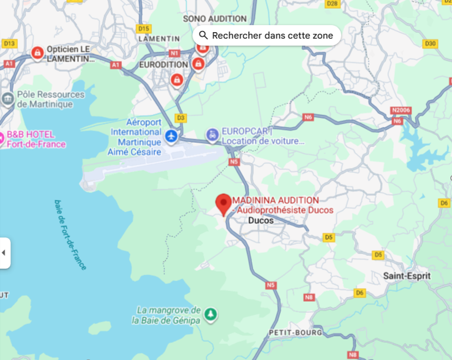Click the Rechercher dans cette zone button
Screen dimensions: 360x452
click(266, 35)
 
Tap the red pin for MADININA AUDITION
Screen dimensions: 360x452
click(224, 204)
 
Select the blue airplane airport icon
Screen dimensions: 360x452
click(172, 135)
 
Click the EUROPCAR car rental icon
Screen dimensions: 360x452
click(212, 135)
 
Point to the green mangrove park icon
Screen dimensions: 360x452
click(210, 315)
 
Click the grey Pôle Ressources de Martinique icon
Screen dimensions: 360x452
click(8, 99)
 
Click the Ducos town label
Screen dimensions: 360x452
click(261, 220)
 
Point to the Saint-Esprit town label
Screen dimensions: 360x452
click(407, 275)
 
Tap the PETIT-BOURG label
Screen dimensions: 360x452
click(295, 332)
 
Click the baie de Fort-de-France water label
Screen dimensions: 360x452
click(70, 235)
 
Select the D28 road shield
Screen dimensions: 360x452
click(332, 3)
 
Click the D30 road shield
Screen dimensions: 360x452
click(430, 44)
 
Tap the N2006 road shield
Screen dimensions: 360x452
click(400, 110)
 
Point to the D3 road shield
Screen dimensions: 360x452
click(181, 117)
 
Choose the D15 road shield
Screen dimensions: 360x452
click(144, 28)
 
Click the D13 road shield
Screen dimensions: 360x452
click(9, 43)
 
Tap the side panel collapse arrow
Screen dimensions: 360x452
click(4, 253)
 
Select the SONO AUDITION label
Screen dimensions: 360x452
click(215, 19)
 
